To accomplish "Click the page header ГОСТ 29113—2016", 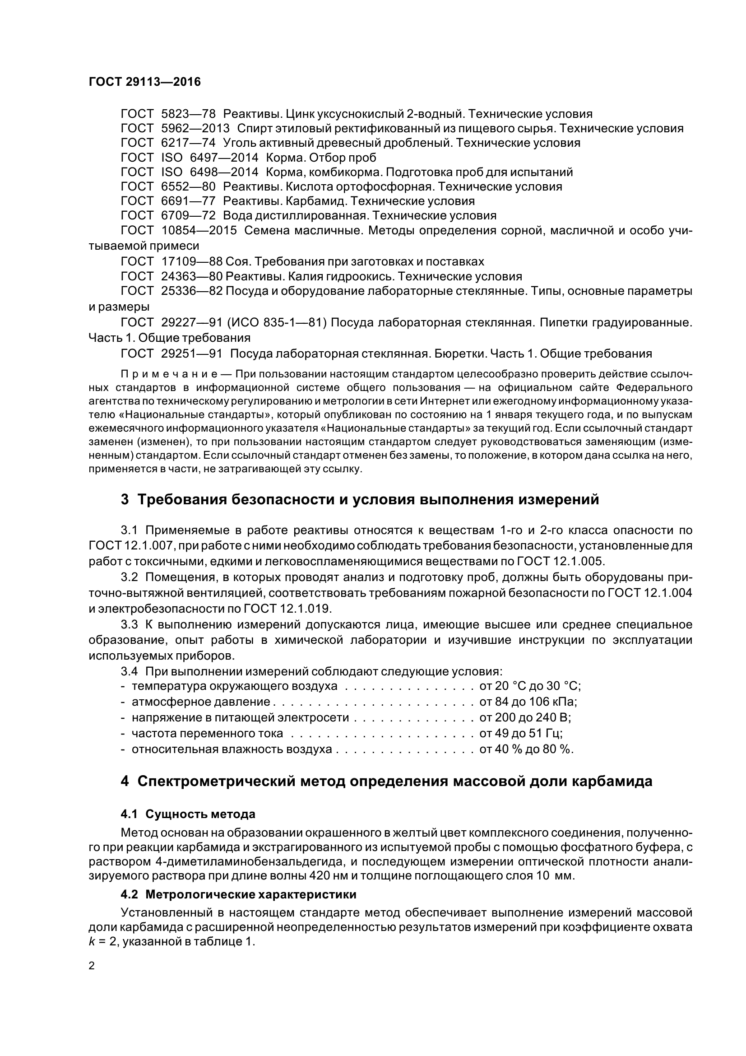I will pyautogui.click(x=144, y=82).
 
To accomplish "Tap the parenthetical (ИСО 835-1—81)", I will pyautogui.click(x=283, y=323).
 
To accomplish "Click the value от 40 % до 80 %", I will pyautogui.click(x=526, y=749).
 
